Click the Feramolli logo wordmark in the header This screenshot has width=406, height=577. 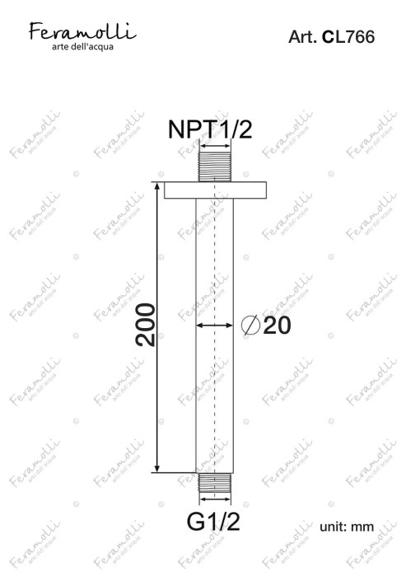click(x=82, y=31)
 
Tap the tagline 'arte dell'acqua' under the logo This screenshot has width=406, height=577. click(x=82, y=47)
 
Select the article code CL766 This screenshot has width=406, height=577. click(x=348, y=37)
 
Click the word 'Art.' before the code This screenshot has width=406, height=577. click(x=302, y=37)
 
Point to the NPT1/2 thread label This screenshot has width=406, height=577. click(x=210, y=129)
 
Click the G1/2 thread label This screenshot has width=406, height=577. click(x=213, y=522)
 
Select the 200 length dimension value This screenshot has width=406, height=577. click(x=146, y=325)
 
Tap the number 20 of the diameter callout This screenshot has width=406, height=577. click(x=277, y=326)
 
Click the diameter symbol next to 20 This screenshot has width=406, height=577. click(x=251, y=326)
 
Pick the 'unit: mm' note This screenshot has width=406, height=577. click(x=347, y=527)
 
